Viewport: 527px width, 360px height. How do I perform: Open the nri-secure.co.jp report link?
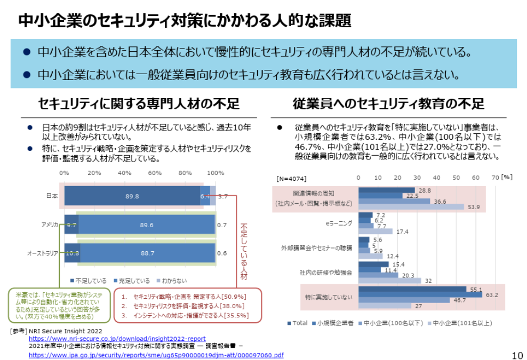(117, 338)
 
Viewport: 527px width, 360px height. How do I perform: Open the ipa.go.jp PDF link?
(156, 355)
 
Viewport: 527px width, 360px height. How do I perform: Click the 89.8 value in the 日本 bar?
(132, 196)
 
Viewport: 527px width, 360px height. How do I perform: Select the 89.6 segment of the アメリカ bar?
(147, 225)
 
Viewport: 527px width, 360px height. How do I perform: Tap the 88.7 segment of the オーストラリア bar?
(147, 253)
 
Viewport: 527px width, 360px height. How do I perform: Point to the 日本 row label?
(52, 196)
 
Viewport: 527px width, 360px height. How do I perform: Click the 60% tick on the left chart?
(155, 173)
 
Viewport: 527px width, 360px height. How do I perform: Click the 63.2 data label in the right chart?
(491, 294)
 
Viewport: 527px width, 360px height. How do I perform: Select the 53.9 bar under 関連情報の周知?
(411, 207)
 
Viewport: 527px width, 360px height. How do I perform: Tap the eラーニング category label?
(339, 223)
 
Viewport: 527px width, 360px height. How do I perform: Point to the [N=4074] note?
(291, 178)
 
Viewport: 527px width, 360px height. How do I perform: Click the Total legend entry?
(299, 323)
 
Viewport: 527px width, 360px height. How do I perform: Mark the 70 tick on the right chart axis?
(494, 177)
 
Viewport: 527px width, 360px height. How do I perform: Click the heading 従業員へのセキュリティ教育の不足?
(388, 103)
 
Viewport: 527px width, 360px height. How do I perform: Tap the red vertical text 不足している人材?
(243, 251)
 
